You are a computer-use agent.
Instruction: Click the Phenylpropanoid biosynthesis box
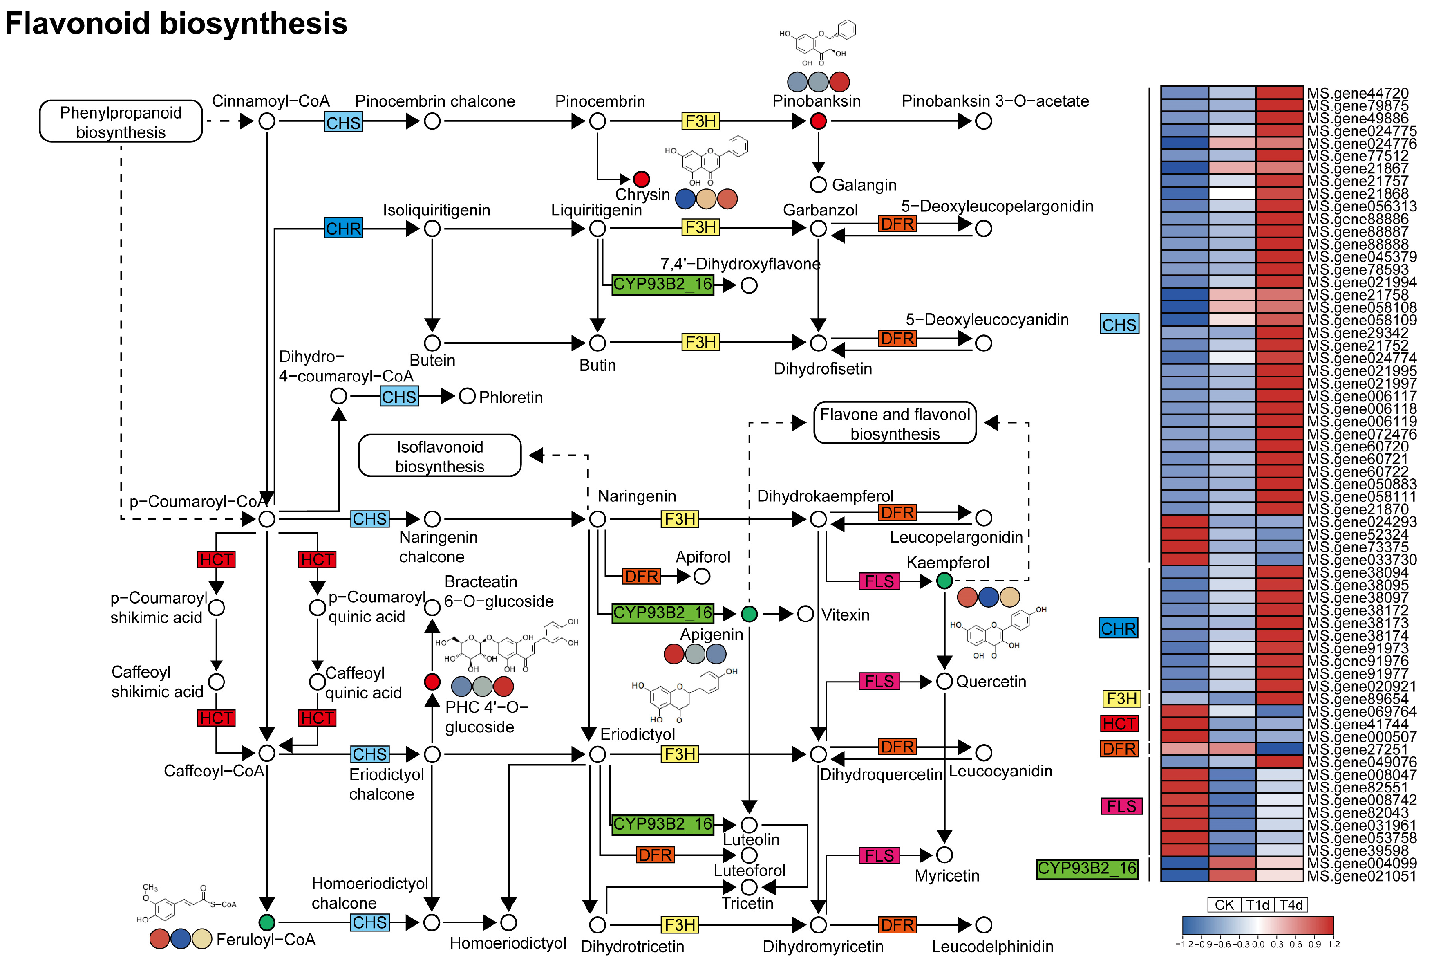121,121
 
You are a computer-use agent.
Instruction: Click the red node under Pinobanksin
818,121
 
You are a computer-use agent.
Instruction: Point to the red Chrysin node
642,179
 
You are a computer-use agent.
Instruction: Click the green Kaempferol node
944,581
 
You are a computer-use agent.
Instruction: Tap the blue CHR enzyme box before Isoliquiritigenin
344,229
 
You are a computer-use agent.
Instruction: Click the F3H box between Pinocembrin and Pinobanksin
700,121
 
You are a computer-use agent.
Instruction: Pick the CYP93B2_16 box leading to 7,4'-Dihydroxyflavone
662,285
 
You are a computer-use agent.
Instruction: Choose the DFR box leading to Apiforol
642,576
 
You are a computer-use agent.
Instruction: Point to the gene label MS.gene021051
1362,876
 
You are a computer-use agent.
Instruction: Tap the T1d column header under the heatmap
1257,905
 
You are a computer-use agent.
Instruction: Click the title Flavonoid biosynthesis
176,23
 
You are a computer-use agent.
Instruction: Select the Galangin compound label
864,185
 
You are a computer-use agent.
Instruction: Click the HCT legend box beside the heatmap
1120,724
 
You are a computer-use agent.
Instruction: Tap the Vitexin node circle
805,614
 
